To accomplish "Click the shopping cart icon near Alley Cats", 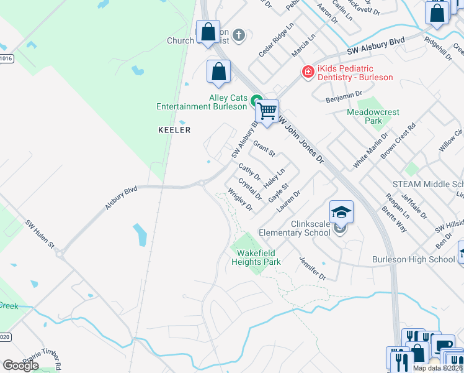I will (x=267, y=112).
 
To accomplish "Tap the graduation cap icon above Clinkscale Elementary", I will (x=341, y=213).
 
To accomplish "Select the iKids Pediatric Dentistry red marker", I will (x=307, y=73).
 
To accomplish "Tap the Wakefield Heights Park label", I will (x=256, y=257).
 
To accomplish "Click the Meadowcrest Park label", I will (x=373, y=116).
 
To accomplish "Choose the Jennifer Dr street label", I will (x=312, y=267).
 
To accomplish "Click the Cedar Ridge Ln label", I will (x=276, y=40).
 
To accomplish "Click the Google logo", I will (x=20, y=365).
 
